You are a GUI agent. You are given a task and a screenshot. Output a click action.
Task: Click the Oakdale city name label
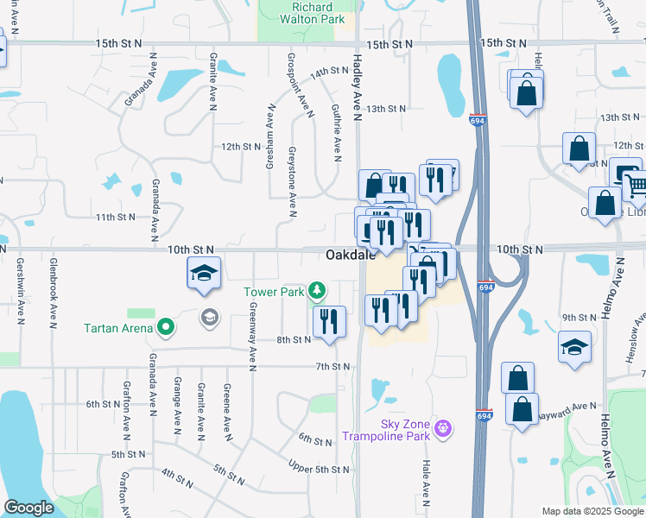pyautogui.click(x=351, y=255)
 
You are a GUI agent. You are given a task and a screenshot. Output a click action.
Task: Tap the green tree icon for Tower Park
pyautogui.click(x=318, y=289)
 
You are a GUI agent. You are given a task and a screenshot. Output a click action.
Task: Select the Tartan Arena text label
pyautogui.click(x=118, y=328)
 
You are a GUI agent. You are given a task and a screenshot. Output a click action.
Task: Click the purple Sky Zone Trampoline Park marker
pyautogui.click(x=443, y=427)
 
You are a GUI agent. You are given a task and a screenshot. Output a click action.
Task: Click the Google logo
pyautogui.click(x=28, y=508)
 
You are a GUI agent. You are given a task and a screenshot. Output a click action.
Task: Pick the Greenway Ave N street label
pyautogui.click(x=253, y=338)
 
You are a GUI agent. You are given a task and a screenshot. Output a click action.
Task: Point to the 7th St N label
pyautogui.click(x=332, y=367)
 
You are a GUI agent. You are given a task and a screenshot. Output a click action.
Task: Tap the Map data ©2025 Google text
pyautogui.click(x=592, y=511)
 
